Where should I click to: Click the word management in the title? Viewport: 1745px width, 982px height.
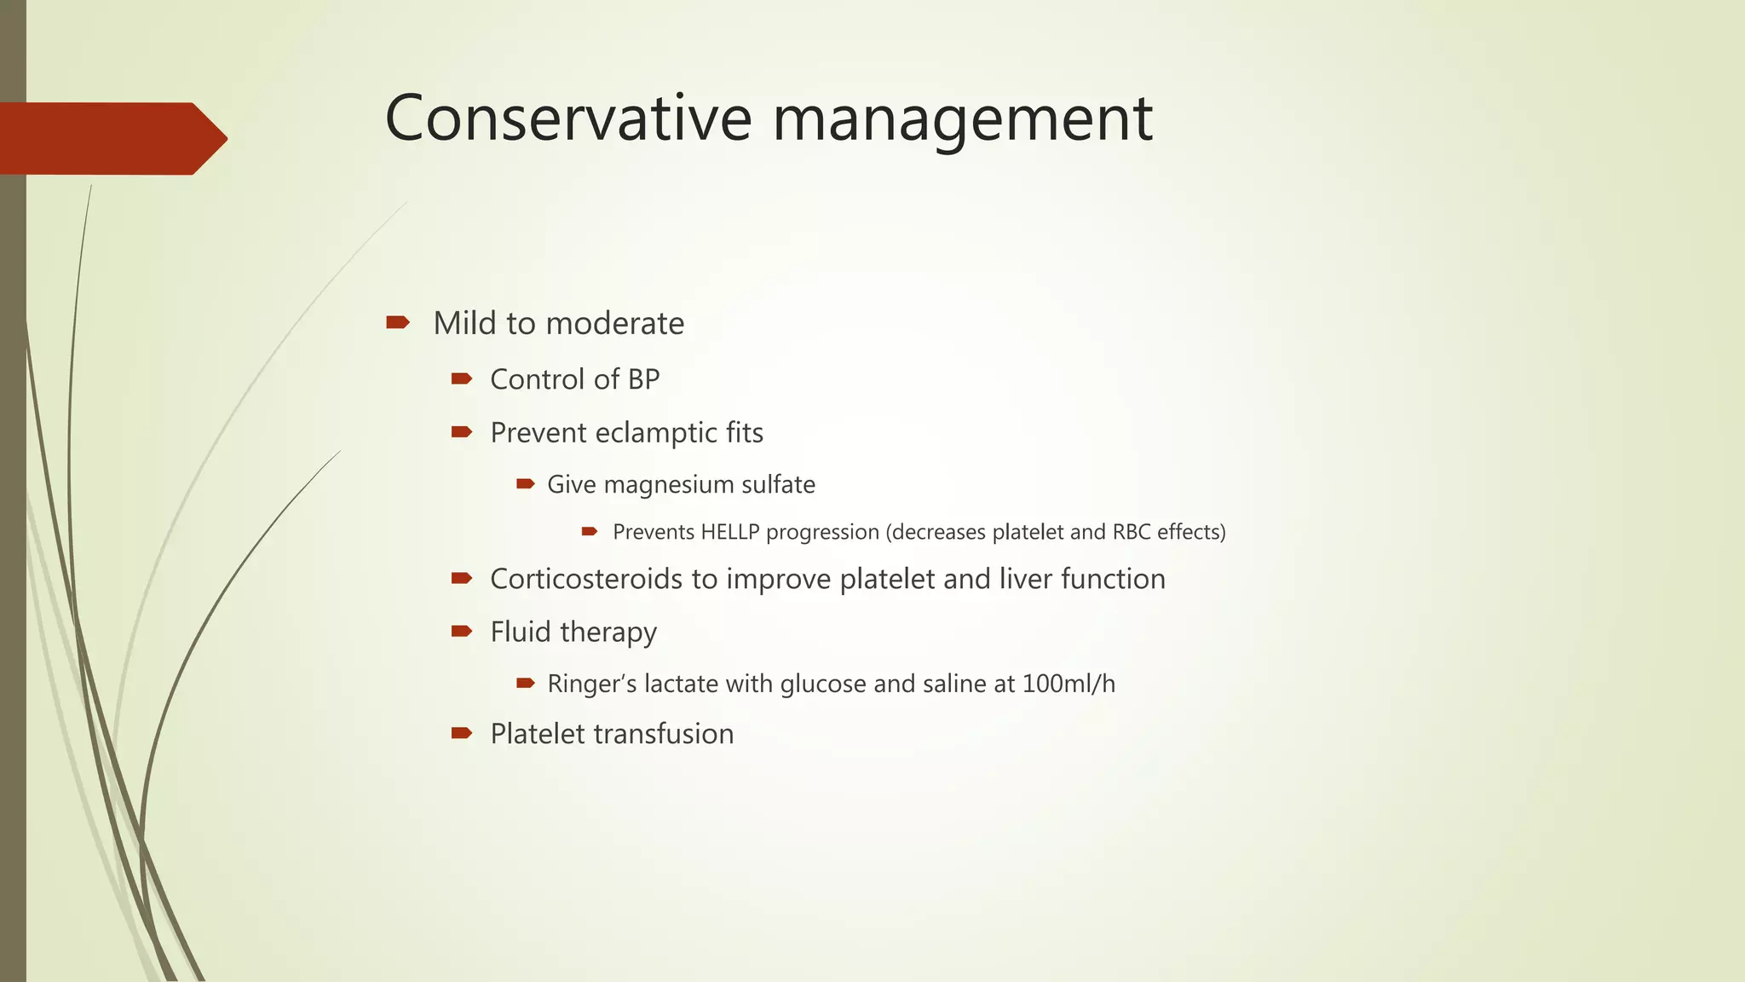click(962, 119)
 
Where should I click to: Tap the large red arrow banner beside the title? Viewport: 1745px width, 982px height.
click(111, 139)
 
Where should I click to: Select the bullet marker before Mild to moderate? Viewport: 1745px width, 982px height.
click(397, 322)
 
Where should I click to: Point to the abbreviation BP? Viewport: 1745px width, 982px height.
click(643, 379)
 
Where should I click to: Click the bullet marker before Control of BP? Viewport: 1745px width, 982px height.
click(462, 378)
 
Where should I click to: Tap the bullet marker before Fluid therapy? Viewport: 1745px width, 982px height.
click(462, 632)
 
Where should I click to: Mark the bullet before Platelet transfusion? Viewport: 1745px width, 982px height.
click(462, 733)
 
